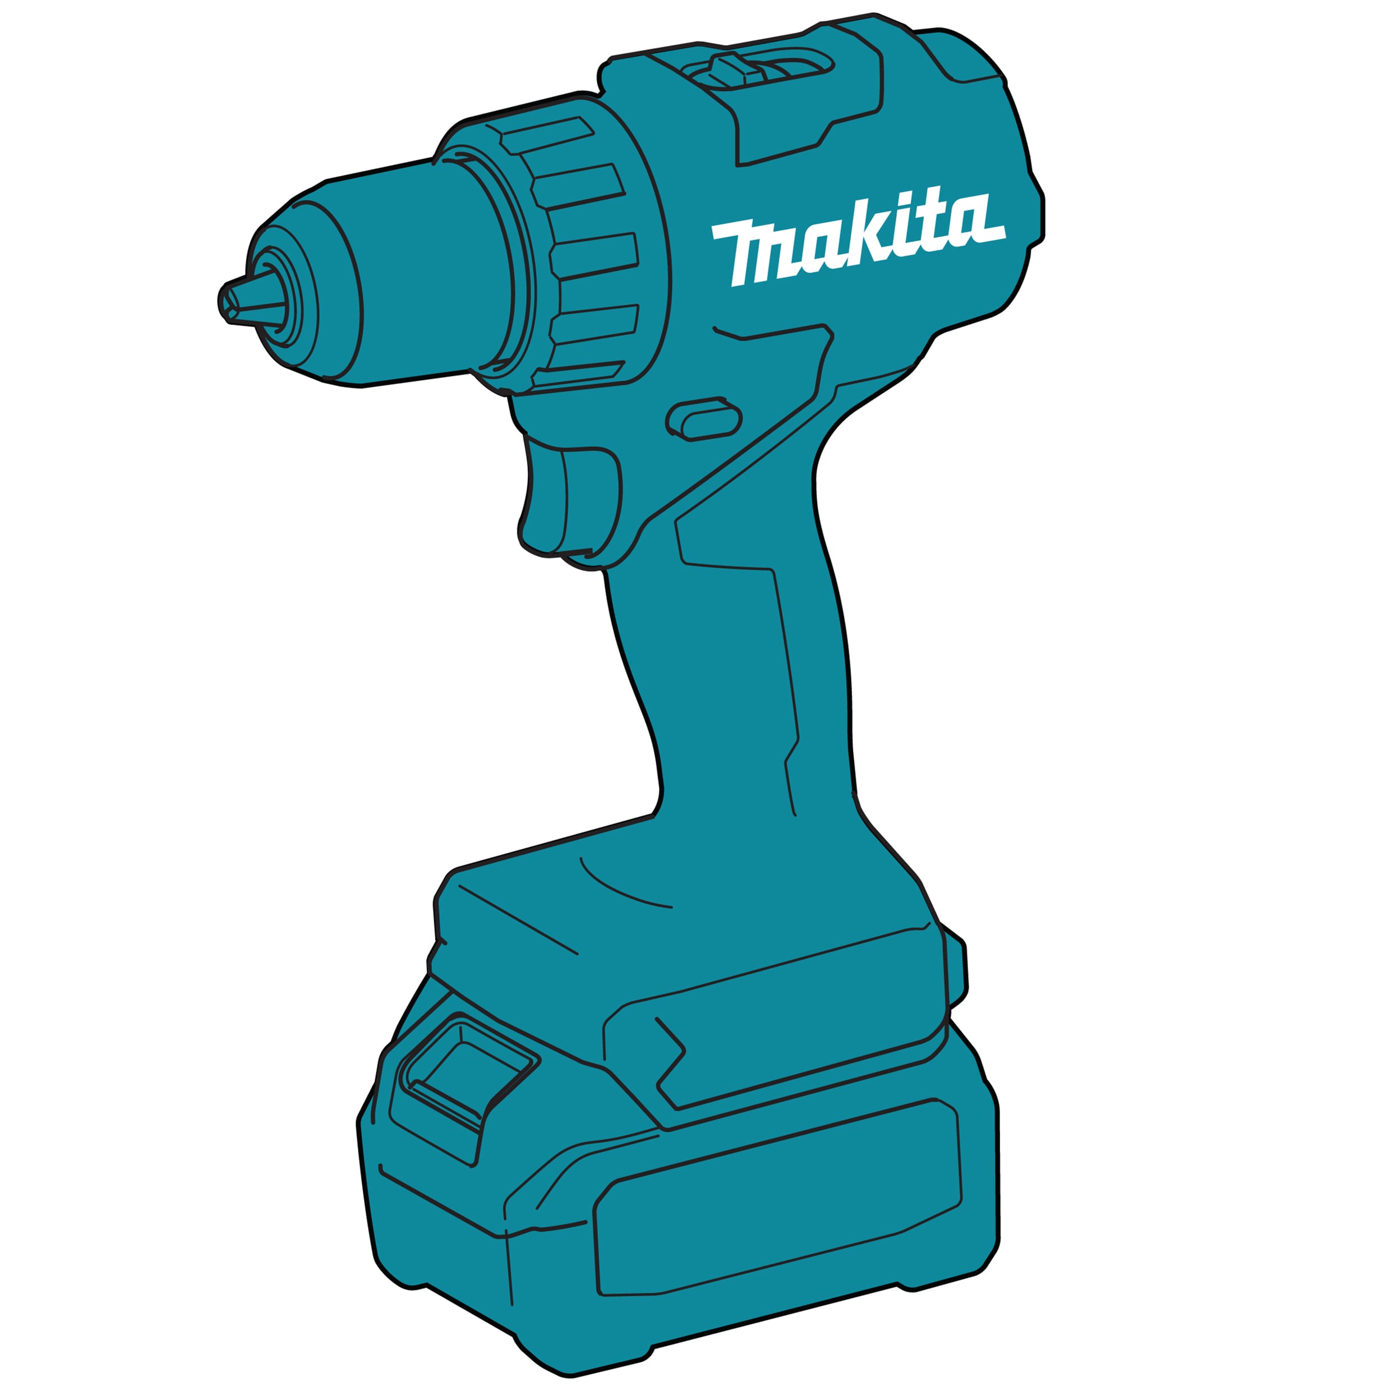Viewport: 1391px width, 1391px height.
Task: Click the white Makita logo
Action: point(858,238)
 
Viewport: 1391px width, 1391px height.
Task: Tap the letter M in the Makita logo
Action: point(759,252)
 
